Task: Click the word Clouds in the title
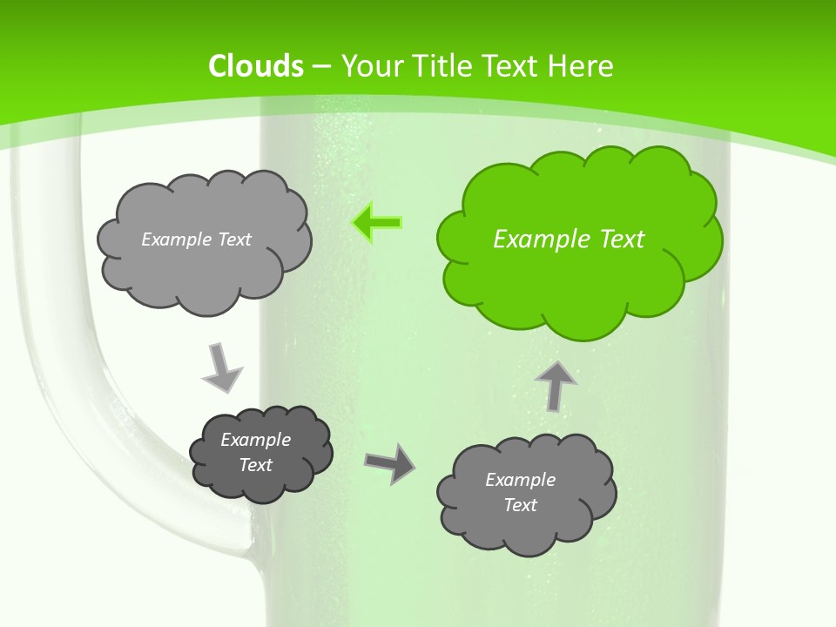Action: click(256, 66)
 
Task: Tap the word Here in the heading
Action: click(581, 66)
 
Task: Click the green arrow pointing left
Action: click(377, 224)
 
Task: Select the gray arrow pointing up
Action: click(556, 384)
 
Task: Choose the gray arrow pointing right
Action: click(390, 463)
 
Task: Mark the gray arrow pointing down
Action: click(221, 367)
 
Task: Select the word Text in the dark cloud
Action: click(255, 465)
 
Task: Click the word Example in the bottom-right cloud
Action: click(520, 480)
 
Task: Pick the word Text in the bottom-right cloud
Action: click(520, 505)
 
